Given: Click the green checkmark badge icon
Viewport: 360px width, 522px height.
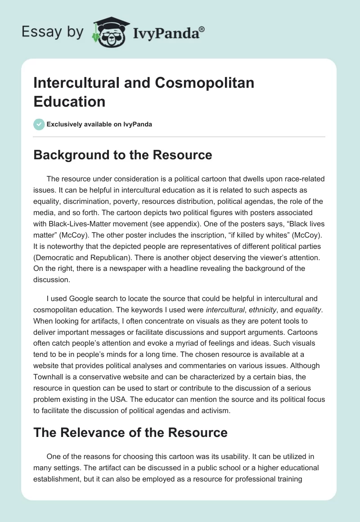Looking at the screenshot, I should coord(39,124).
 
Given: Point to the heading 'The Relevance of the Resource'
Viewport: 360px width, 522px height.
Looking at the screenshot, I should coord(130,433).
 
